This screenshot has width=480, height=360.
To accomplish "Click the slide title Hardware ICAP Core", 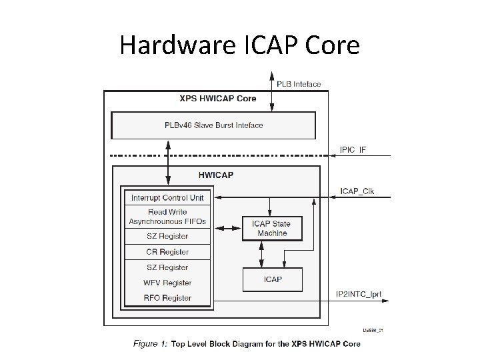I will coord(239,45).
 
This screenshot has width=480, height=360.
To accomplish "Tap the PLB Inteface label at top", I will coord(299,85).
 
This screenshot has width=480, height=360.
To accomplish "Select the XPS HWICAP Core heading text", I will coord(217,99).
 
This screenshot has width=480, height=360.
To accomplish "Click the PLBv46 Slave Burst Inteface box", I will coord(213,125).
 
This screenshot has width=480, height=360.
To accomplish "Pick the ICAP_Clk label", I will coord(357,191).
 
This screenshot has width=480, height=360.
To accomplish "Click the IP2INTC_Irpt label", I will coord(359,294).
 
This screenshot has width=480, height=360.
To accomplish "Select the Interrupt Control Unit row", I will coord(167,198).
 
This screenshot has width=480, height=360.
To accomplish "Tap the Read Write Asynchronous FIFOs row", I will coord(167,217).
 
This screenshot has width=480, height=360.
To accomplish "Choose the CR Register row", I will coord(167,252).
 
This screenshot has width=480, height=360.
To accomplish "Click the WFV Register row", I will coord(167,283).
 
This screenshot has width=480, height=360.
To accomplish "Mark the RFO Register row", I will coord(167,298).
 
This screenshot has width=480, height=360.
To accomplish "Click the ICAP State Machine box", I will coord(272,229).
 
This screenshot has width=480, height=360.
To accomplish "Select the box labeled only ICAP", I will coord(272,279).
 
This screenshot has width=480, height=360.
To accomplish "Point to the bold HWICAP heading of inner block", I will coord(216,175).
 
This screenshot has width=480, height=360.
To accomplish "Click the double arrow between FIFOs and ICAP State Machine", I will coord(226,229).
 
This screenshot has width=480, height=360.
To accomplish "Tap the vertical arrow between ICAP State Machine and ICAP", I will coord(261,254).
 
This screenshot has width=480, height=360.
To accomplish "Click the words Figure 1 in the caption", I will coord(151,344).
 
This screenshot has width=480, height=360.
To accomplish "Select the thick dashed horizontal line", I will coord(220,156).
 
